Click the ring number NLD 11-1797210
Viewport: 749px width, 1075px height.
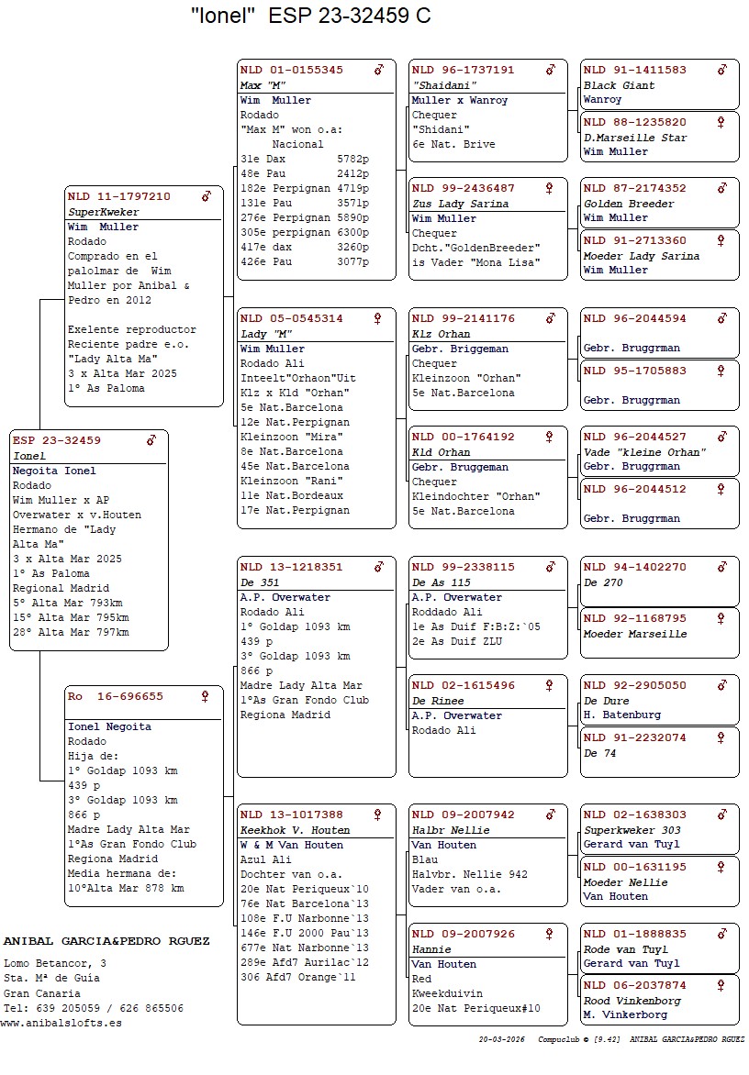(x=119, y=196)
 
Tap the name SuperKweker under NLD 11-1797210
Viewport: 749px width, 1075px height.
(x=104, y=212)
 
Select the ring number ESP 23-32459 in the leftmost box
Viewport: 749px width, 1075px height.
(x=57, y=440)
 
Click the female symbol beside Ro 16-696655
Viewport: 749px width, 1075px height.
(x=205, y=696)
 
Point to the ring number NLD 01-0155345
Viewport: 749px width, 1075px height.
(x=292, y=70)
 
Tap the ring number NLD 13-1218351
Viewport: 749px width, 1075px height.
(x=292, y=567)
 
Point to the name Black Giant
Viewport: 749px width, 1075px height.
(x=620, y=85)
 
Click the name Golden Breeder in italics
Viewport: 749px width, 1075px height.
(x=629, y=204)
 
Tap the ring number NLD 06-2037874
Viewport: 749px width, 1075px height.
(x=635, y=985)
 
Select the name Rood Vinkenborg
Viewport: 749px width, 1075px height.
(x=632, y=1001)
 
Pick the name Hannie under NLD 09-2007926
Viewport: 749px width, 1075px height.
(x=431, y=949)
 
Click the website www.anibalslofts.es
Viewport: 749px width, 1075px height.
(x=61, y=1023)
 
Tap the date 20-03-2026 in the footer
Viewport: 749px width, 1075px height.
(x=500, y=1040)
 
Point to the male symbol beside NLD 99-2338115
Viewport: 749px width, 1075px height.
(x=550, y=567)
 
